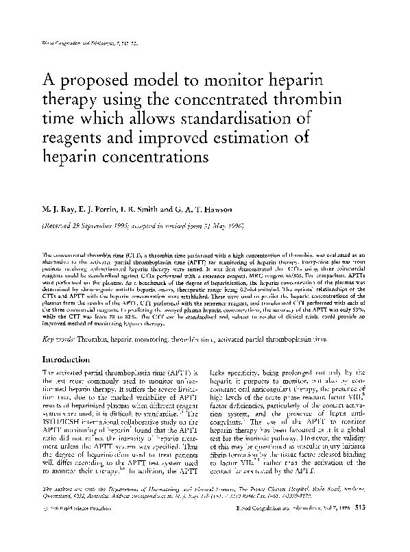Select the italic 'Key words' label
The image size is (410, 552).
[x=58, y=338]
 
